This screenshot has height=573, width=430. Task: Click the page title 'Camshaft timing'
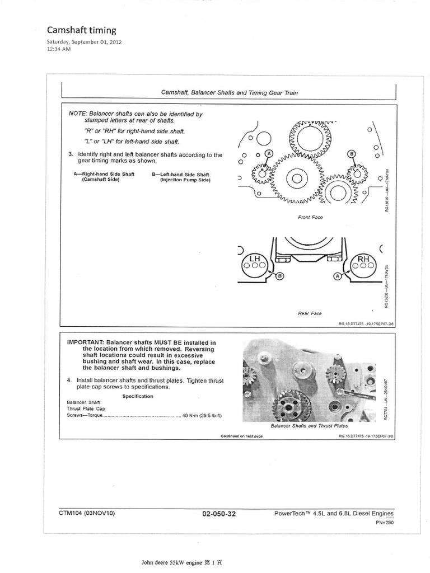(81, 30)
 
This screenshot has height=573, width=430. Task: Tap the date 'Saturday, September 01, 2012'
(83, 42)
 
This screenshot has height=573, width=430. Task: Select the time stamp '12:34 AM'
(58, 49)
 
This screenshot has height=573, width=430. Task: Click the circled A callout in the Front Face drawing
(269, 153)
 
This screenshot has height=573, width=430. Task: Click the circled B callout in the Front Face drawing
(352, 153)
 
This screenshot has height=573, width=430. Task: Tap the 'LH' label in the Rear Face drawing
(255, 258)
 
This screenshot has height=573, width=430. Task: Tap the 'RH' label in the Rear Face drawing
(363, 258)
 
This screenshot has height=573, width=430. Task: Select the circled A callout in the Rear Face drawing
(337, 276)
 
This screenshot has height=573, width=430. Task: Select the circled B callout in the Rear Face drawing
(281, 276)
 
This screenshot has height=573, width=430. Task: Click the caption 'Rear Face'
(310, 313)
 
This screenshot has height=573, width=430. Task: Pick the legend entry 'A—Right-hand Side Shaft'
(104, 174)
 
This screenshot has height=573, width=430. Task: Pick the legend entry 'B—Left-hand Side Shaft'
(181, 174)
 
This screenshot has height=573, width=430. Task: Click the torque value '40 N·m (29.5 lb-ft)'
(202, 416)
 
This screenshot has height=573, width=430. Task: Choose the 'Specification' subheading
(138, 396)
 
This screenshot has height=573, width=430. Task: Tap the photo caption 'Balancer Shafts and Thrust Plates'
(309, 426)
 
